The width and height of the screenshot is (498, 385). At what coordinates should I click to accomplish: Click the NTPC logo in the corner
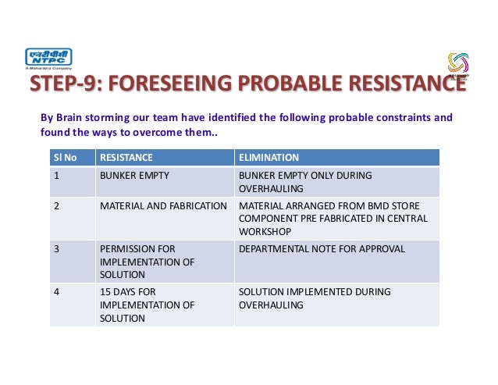49,59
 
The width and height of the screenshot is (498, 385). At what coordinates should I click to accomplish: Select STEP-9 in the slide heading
62,84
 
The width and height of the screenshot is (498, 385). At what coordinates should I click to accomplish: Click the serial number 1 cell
56,175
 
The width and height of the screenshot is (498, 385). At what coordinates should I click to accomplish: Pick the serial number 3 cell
56,248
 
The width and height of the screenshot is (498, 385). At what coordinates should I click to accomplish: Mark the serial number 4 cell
56,291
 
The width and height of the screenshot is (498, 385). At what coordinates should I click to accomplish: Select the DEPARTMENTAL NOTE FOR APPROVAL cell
322,248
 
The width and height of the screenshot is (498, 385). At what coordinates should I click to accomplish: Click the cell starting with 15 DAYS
147,305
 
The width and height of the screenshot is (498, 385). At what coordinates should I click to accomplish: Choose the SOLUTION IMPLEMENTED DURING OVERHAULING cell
314,298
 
